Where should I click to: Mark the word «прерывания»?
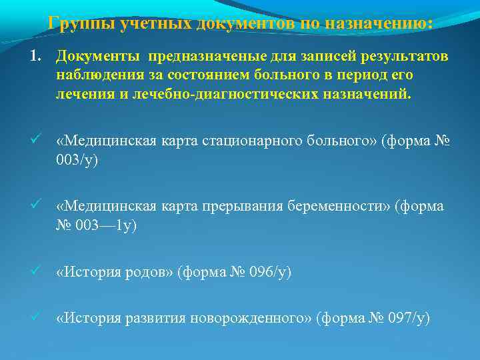click(247, 207)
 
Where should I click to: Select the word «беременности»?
click(340, 207)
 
